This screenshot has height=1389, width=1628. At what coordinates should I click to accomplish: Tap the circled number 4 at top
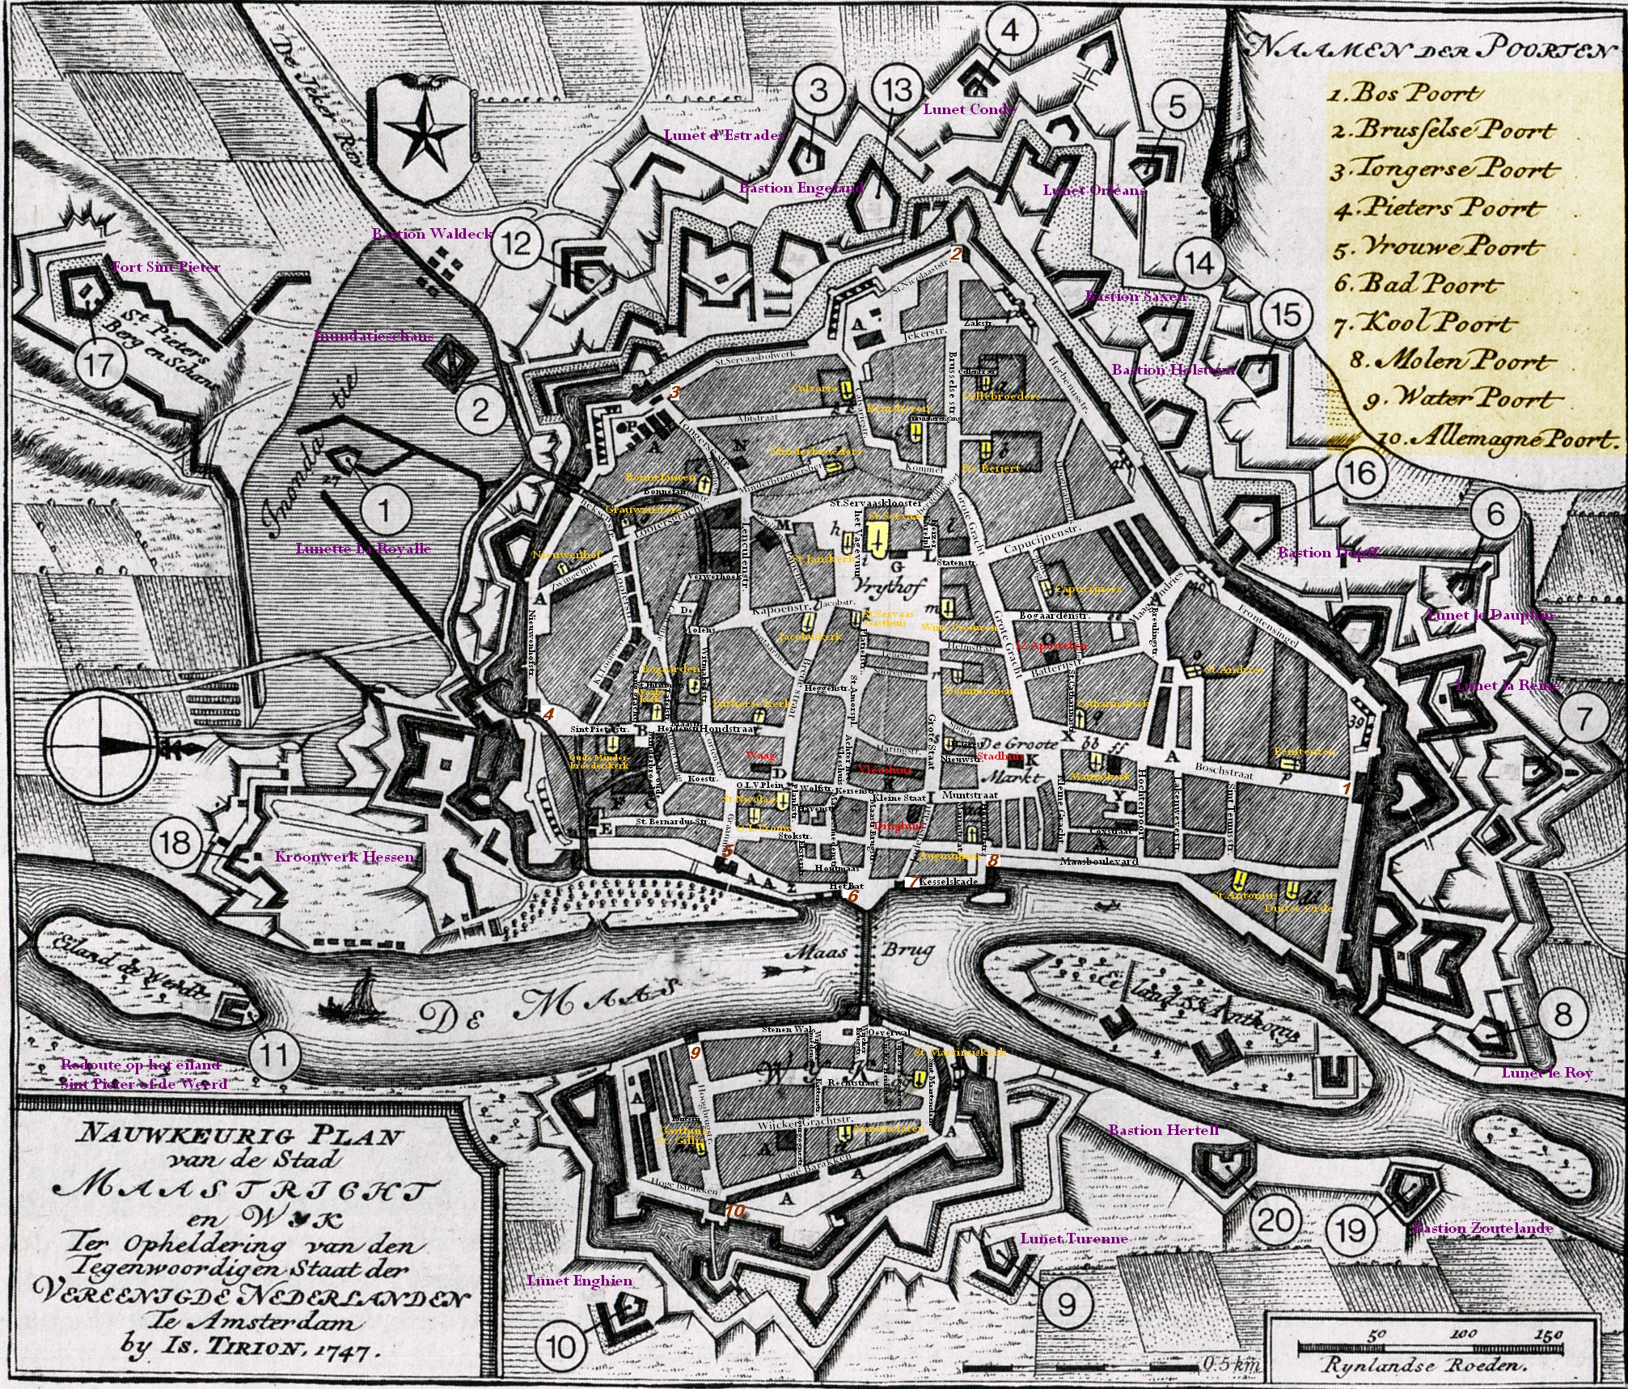1009,30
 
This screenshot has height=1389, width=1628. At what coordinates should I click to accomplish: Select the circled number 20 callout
1275,1219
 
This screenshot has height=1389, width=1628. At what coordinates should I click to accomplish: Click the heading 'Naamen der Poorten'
1427,49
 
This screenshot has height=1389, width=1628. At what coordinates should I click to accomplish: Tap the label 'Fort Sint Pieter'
167,267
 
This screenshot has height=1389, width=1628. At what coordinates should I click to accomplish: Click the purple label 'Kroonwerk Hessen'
345,857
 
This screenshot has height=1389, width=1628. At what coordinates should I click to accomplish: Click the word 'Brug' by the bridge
907,952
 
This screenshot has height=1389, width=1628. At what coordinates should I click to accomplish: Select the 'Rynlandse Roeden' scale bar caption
1423,1366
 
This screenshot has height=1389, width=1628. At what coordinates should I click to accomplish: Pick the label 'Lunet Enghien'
579,1281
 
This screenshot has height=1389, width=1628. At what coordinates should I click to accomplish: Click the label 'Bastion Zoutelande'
1482,1228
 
